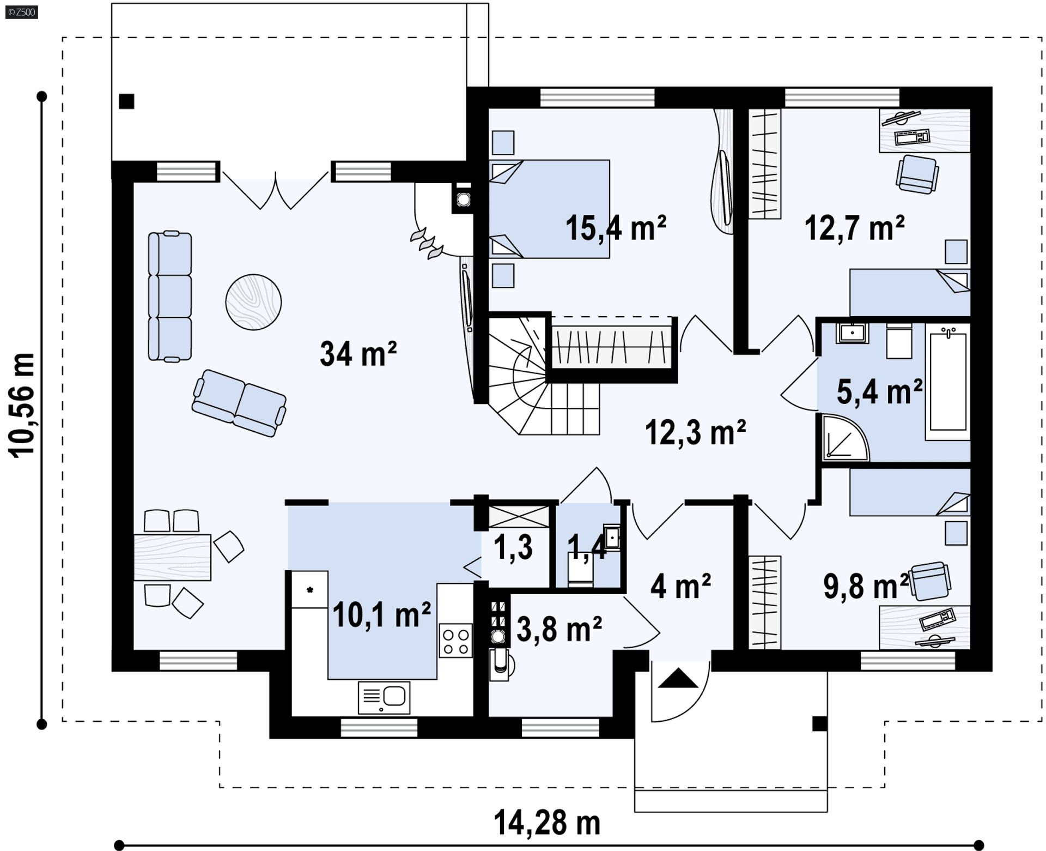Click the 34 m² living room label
coord(358,353)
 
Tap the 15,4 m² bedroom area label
coord(616,227)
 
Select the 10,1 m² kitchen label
coord(381,614)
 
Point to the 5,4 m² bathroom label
coord(879,391)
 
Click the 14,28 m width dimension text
coord(547,823)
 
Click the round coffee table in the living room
coord(253,301)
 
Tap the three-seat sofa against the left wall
coord(170,296)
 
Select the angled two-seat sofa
coord(239,403)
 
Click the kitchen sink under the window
coord(384,697)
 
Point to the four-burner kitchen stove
coord(455,641)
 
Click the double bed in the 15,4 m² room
coord(549,209)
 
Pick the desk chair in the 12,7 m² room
coord(917,173)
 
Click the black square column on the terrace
coord(126,101)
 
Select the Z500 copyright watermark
coord(22,11)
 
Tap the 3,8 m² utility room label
coord(559,629)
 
